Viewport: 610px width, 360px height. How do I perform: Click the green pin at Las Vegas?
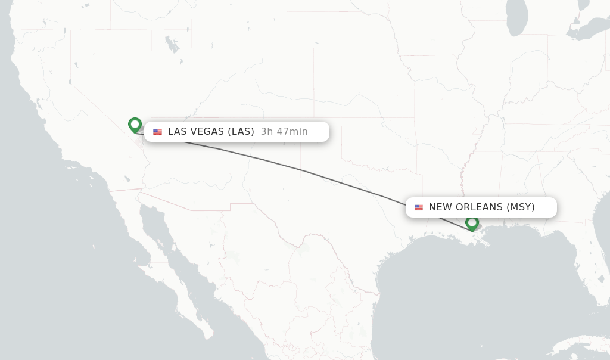tap(135, 125)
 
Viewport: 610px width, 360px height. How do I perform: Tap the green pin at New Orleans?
tap(472, 223)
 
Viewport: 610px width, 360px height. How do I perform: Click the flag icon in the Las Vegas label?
tap(157, 132)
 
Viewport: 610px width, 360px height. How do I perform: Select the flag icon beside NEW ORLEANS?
tap(419, 207)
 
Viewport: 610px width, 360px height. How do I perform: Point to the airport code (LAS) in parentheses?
tap(241, 132)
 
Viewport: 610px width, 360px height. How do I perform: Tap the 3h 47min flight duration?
tap(284, 132)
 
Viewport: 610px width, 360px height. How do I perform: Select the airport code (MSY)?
tap(521, 207)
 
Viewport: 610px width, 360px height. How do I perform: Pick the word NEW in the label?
tap(440, 207)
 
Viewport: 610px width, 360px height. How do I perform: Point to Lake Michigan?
tap(517, 18)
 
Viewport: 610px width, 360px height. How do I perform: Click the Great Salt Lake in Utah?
tap(172, 45)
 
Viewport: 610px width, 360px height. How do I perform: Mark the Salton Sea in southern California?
tap(126, 178)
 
